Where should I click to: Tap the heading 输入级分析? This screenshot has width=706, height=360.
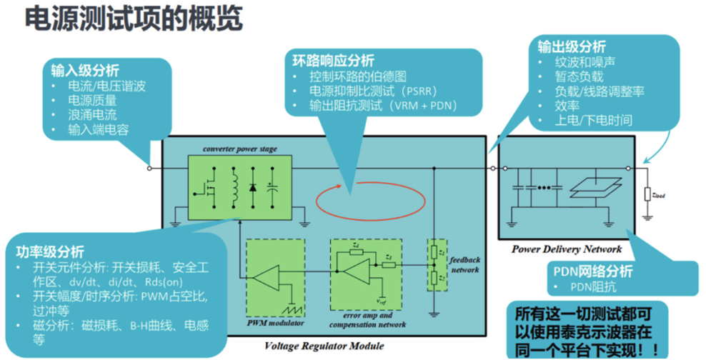[84, 71]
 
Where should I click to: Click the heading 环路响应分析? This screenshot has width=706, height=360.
[333, 61]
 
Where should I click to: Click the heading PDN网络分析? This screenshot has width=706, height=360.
[597, 272]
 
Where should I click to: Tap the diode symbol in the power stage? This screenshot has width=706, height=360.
[252, 187]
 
